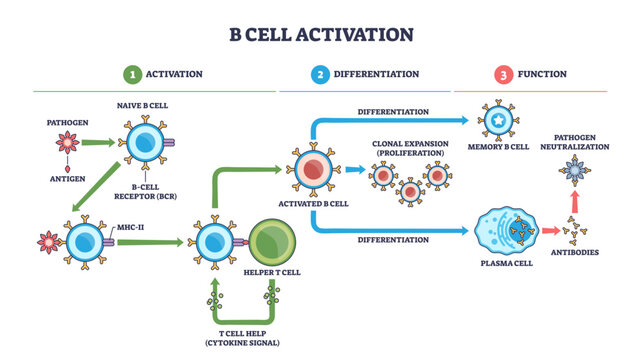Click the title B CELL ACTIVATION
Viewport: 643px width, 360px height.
pyautogui.click(x=321, y=34)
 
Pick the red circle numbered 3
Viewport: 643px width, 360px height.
pyautogui.click(x=503, y=74)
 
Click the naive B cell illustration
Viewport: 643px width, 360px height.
pyautogui.click(x=144, y=143)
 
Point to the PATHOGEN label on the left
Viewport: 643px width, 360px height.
pyautogui.click(x=67, y=122)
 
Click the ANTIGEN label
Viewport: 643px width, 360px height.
pyautogui.click(x=67, y=180)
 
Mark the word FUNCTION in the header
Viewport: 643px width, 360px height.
pyautogui.click(x=542, y=74)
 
